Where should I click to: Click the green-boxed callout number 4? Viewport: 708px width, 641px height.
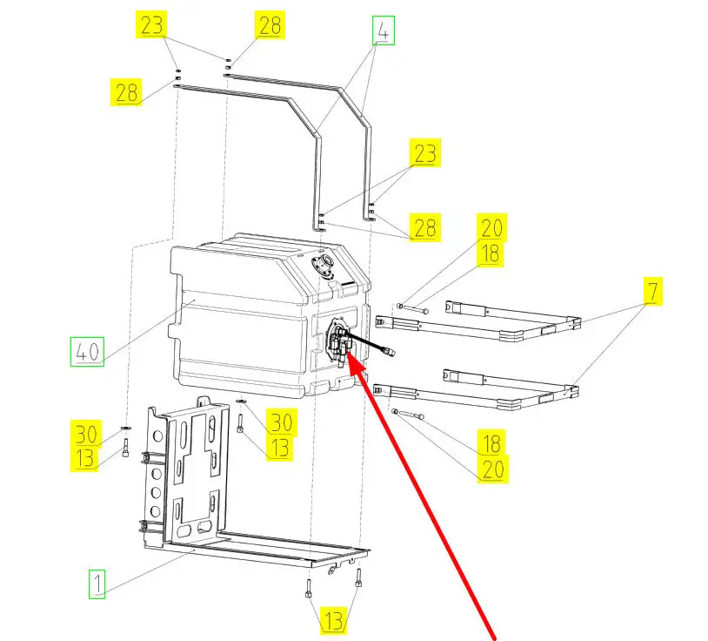(383, 31)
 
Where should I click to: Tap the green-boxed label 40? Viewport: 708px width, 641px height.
(87, 353)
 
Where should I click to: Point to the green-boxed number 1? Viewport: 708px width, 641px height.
(98, 584)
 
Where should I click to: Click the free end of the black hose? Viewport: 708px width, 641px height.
(392, 352)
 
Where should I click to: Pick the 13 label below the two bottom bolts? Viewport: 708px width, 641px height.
(334, 621)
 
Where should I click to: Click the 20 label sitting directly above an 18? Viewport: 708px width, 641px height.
(492, 229)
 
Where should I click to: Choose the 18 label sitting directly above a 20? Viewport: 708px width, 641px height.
(492, 442)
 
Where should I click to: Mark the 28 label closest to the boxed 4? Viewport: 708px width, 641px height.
(270, 26)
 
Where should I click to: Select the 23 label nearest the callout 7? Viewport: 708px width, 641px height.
(424, 154)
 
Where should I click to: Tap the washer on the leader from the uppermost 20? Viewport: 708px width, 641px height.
(398, 305)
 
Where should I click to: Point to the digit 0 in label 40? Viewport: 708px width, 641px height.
(94, 353)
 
